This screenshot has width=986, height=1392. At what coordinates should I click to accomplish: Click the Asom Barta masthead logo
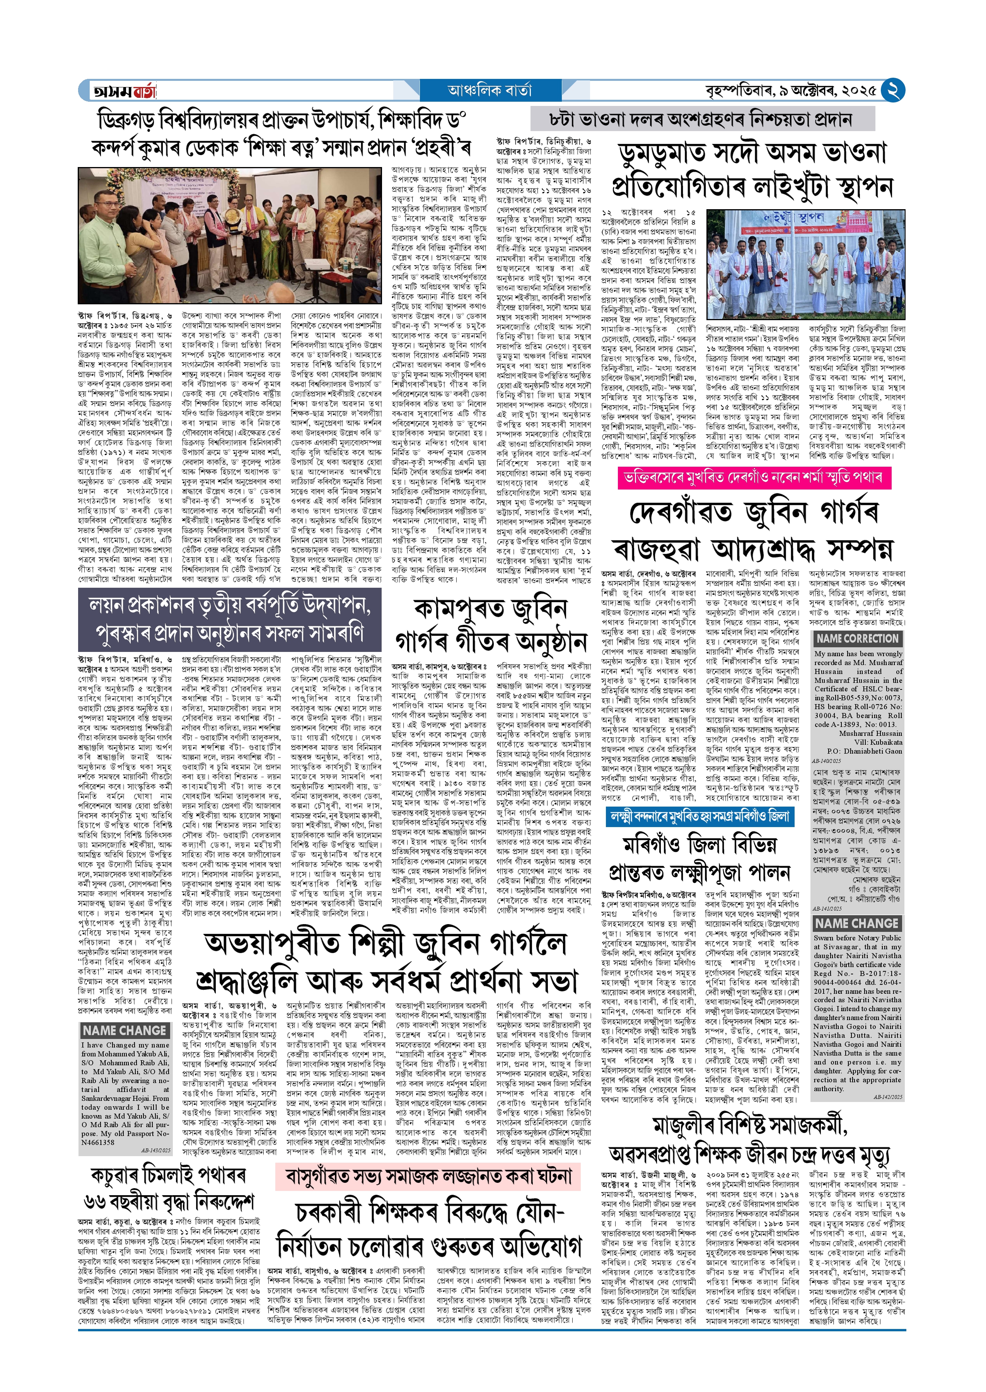coord(125,91)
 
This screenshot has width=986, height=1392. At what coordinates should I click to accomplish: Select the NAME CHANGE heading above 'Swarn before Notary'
coord(857,923)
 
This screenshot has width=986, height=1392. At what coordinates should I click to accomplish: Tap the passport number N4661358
coord(98,1142)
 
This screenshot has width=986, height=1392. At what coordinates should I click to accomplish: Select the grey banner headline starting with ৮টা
coord(703,119)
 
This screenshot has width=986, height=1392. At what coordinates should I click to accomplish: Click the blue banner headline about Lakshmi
coord(700,817)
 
